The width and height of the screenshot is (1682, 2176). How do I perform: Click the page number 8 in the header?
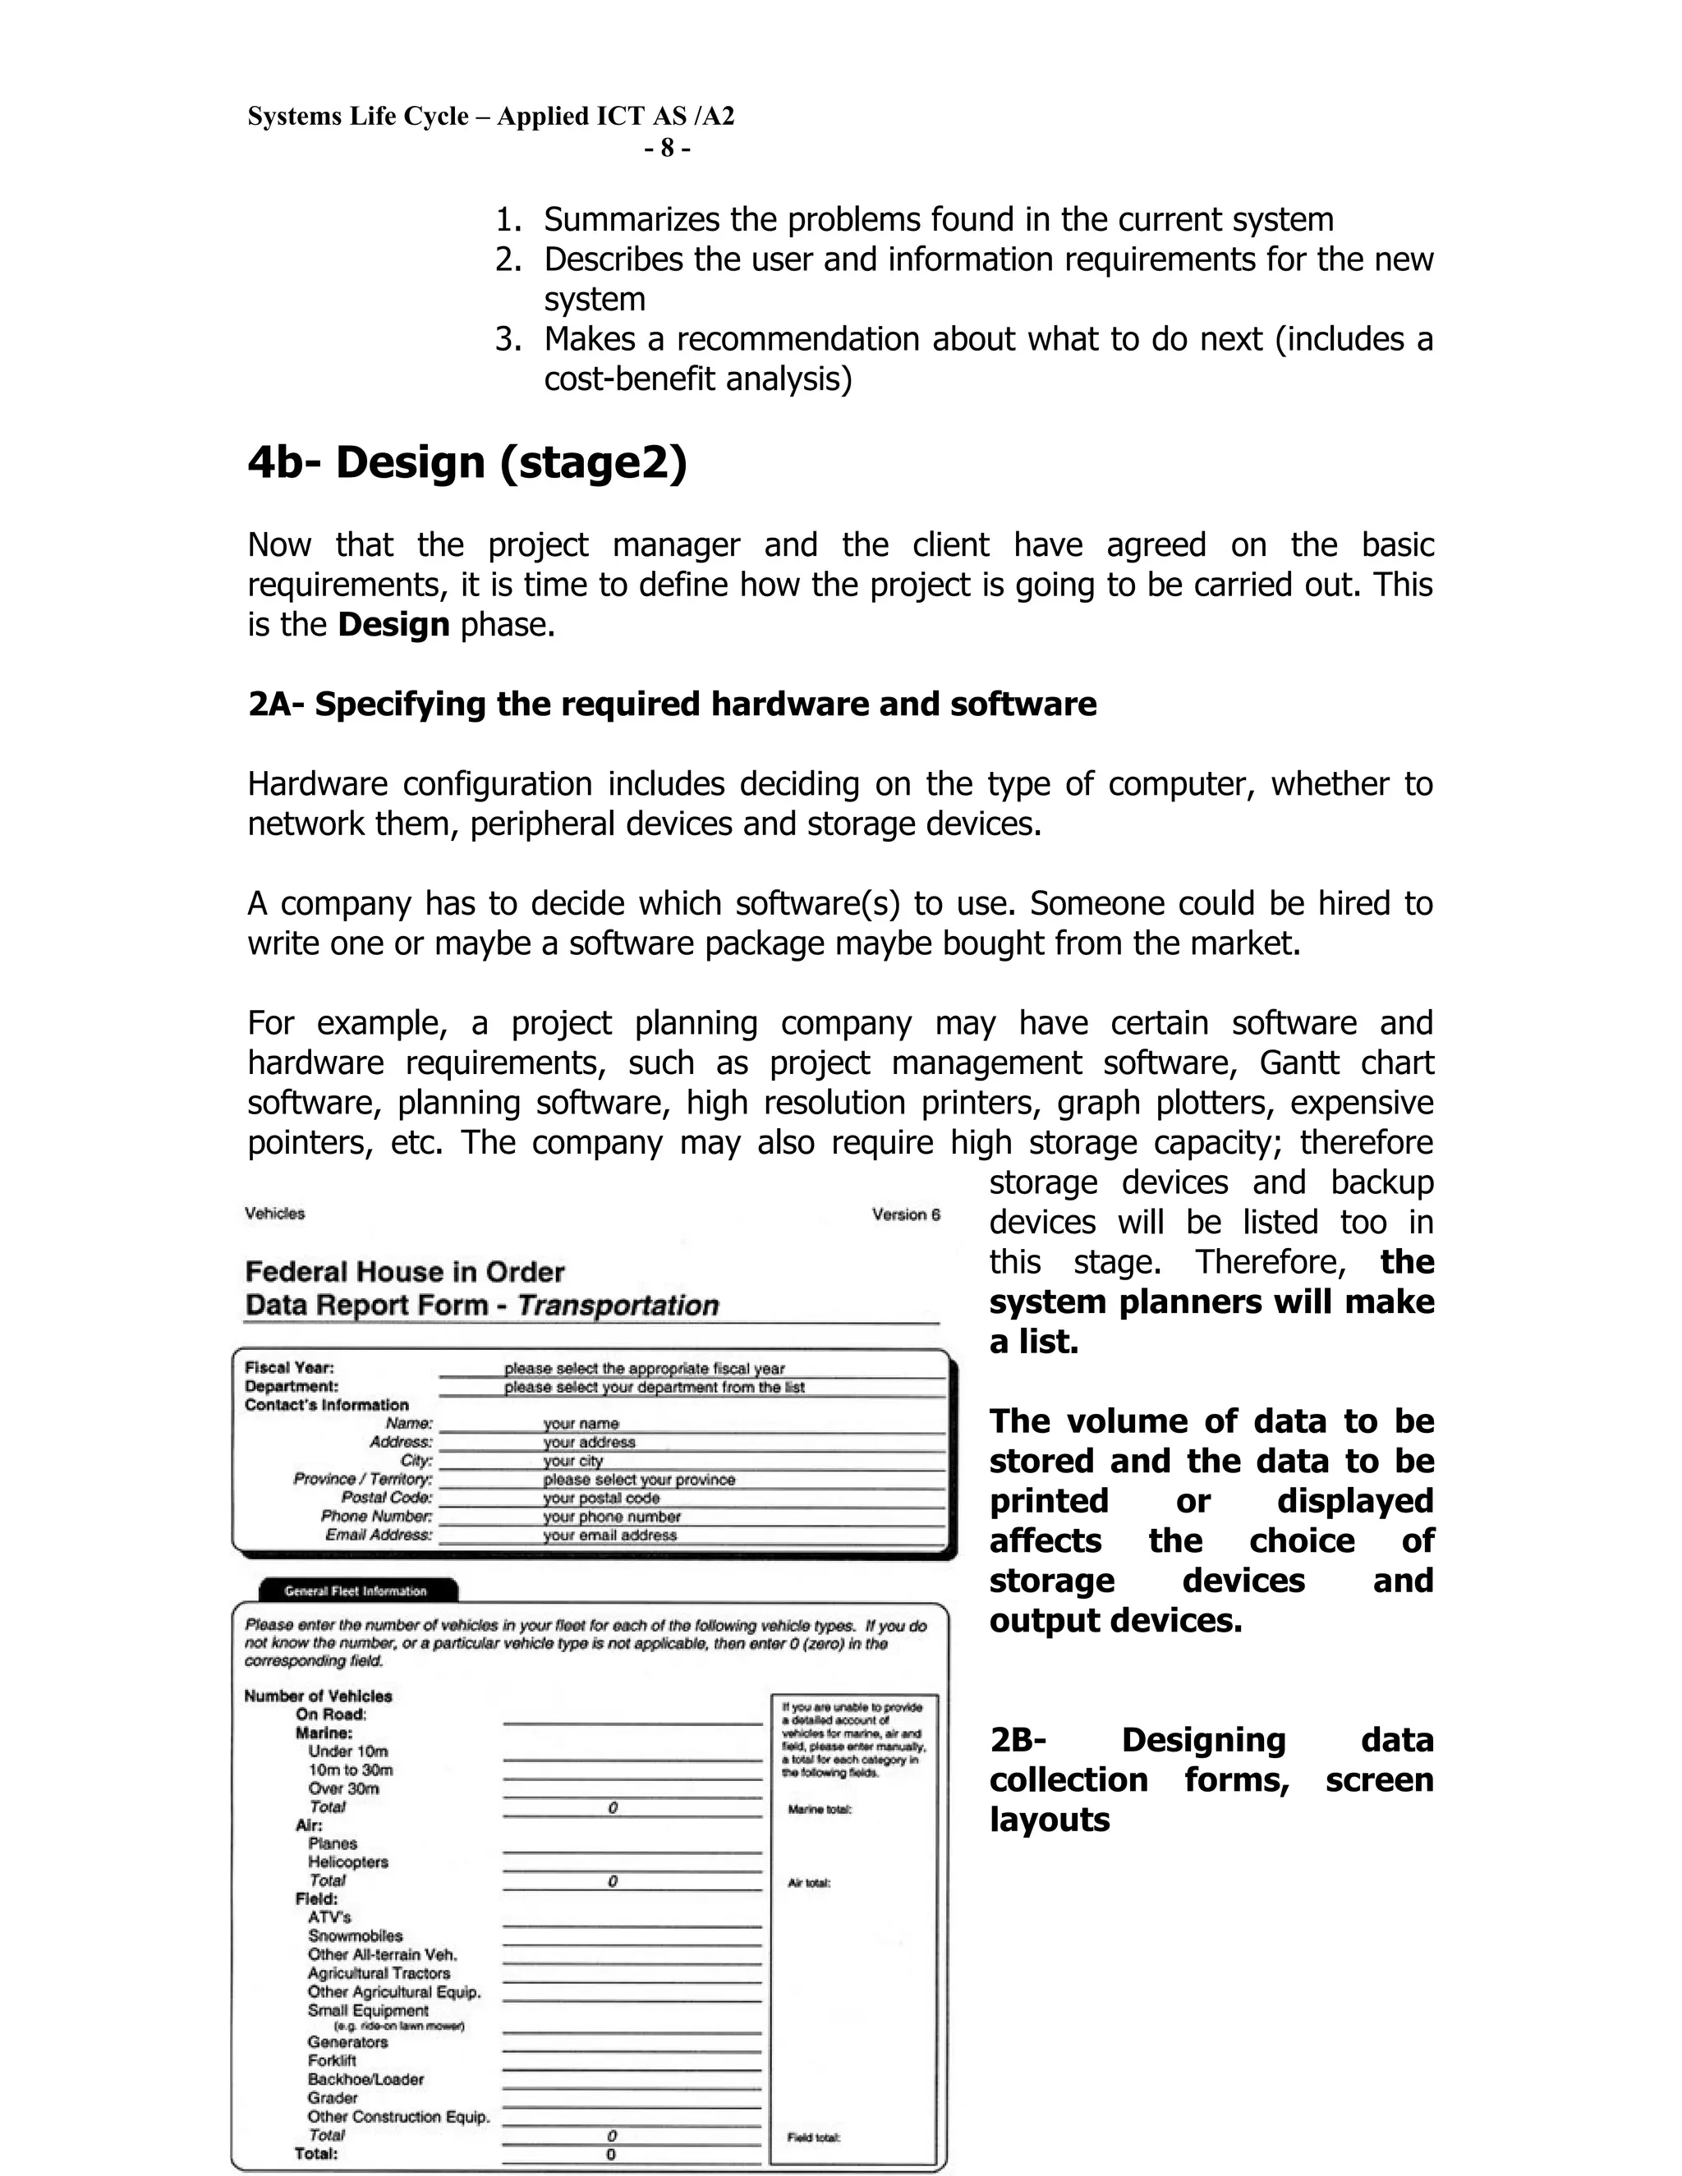pos(667,149)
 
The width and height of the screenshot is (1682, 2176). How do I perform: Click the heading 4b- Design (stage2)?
pos(467,463)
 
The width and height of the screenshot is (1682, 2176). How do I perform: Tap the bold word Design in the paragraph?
pos(393,625)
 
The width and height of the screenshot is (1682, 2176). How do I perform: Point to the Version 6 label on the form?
pos(905,1214)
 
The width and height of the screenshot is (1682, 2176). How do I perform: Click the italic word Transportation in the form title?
pos(618,1306)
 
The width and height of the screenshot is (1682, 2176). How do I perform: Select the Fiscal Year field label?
pos(289,1368)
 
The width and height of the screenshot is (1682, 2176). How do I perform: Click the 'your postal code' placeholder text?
pos(601,1499)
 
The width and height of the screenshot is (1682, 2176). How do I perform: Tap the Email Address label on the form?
pos(379,1536)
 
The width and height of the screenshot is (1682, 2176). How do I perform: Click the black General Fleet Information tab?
pos(356,1591)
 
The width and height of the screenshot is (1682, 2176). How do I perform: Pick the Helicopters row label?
pos(347,1862)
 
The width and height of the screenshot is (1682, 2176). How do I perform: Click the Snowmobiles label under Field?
pos(355,1936)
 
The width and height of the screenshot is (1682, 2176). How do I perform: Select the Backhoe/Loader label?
pos(365,2079)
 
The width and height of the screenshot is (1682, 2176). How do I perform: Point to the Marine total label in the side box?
pos(819,1809)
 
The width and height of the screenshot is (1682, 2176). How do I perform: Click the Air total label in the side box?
pos(809,1883)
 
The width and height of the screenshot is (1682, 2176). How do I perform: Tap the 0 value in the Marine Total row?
pos(613,1807)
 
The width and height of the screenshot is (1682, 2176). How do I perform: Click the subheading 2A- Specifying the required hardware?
pos(672,705)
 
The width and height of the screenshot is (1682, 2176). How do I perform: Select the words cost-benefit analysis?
pos(697,379)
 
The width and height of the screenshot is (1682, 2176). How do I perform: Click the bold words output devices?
pos(1115,1621)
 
